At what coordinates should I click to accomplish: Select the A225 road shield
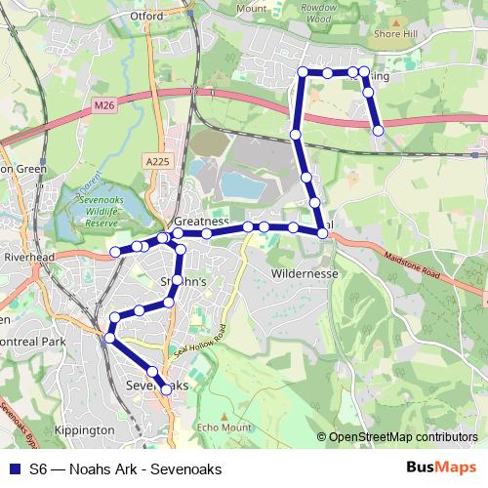point(156,160)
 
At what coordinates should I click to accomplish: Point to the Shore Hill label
point(395,32)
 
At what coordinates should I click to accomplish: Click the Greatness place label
point(201,223)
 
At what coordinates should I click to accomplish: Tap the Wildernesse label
point(305,274)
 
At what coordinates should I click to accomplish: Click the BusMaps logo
point(435,468)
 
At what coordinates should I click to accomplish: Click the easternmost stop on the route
point(378,130)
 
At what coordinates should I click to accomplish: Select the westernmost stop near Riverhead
point(115,252)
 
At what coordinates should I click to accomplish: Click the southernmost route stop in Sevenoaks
point(166,389)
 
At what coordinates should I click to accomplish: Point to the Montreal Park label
point(33,343)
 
